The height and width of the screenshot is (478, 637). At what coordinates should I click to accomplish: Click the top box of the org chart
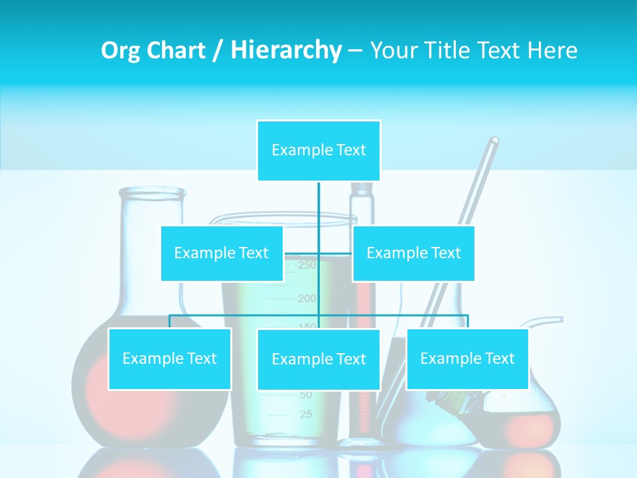318,151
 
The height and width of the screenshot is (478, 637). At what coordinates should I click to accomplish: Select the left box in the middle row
222,253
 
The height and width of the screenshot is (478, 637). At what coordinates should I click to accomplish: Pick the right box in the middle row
413,253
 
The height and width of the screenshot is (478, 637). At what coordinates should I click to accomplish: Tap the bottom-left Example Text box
170,358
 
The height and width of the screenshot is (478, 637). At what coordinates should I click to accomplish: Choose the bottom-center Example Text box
318,359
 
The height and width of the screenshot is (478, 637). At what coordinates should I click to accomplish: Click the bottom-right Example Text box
467,358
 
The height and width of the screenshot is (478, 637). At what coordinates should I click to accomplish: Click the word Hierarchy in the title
286,50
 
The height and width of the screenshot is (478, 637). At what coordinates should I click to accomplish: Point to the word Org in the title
120,50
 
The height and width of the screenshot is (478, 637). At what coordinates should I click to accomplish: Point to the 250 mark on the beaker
307,266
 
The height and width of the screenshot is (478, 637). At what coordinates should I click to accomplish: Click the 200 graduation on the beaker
307,299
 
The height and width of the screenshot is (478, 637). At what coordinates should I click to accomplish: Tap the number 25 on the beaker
306,415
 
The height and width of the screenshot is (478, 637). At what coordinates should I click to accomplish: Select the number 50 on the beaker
305,395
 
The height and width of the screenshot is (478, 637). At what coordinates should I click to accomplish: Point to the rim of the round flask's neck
152,193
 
